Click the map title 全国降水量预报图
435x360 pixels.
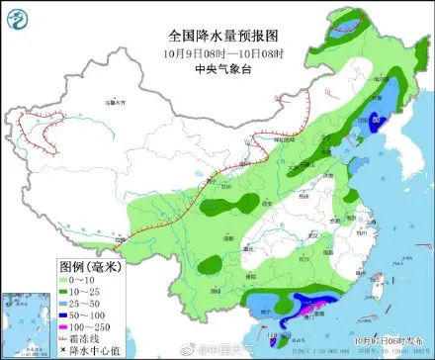(x=219, y=34)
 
